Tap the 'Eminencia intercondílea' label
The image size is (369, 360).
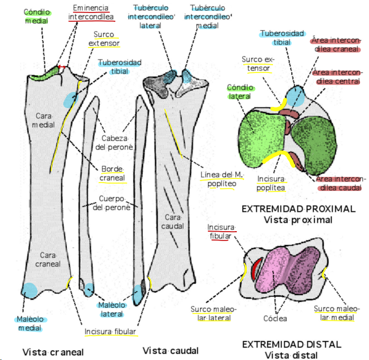[x=91, y=13]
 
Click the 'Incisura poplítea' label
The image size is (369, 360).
[x=270, y=183]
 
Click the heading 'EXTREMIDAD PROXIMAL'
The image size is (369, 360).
[x=299, y=209]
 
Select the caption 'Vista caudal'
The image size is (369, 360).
[x=170, y=351]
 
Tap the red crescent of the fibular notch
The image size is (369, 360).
[x=255, y=269]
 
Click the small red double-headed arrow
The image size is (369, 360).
[x=62, y=67]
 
